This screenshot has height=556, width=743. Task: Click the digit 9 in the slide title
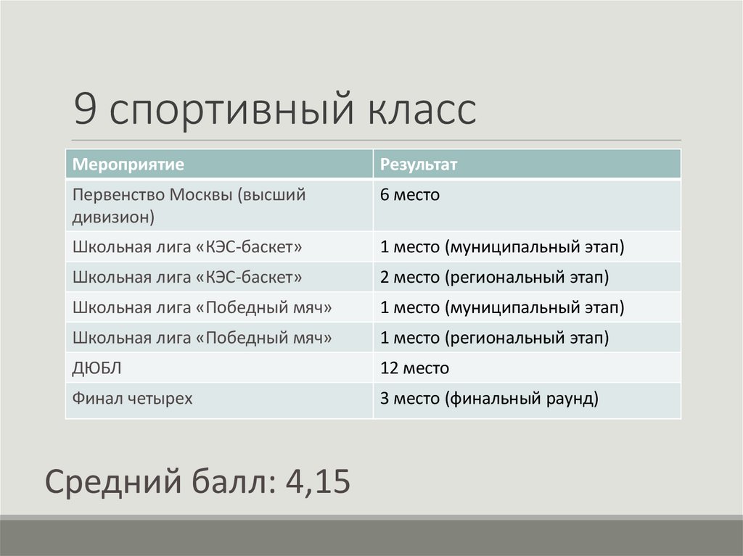pos(86,110)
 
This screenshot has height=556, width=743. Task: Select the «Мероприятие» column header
pos(126,165)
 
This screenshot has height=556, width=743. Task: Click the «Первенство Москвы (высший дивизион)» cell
pos(188,205)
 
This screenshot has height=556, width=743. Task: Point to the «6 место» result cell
pos(411,195)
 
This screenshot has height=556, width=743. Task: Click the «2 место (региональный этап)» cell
pos(494,277)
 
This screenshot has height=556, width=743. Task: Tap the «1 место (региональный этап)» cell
pos(494,338)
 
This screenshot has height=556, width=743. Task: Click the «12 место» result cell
pos(414,368)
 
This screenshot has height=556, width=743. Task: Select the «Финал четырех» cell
pos(132,398)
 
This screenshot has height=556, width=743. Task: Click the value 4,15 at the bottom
pos(318,481)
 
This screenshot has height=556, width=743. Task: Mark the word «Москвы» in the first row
pos(199,195)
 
